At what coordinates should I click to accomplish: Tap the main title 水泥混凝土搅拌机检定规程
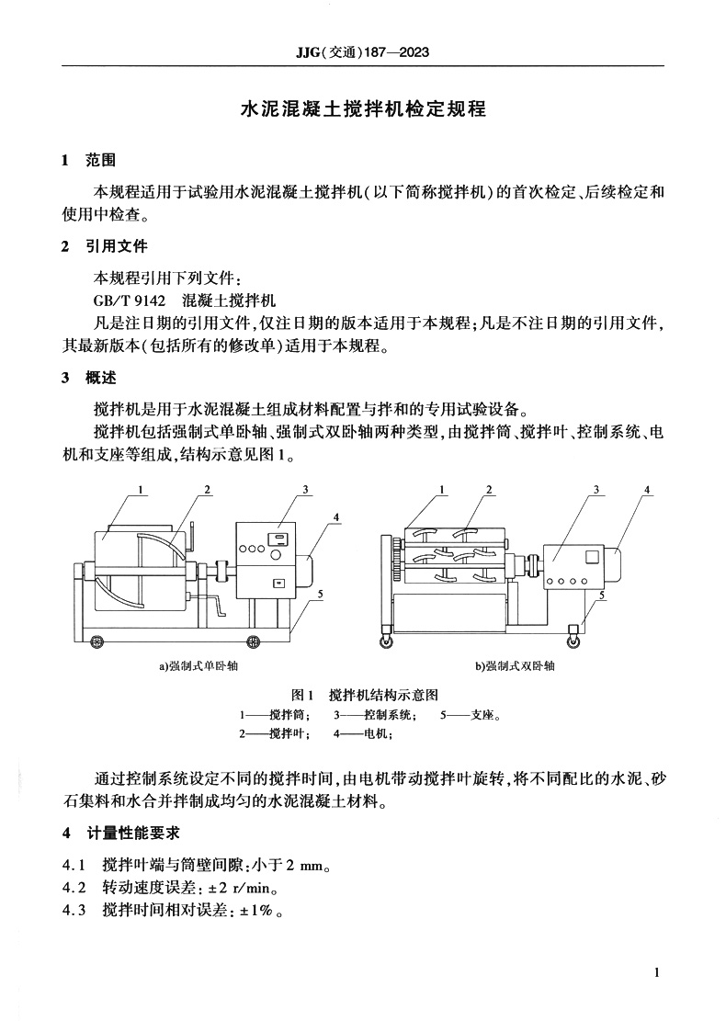click(x=362, y=109)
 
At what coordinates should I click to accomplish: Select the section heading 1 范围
click(x=88, y=161)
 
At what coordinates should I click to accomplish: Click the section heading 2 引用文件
click(x=103, y=246)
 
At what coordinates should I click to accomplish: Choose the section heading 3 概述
click(x=88, y=378)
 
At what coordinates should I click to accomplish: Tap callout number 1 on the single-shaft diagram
click(x=142, y=491)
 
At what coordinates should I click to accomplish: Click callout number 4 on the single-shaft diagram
click(x=337, y=517)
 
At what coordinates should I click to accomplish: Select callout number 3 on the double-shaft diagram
click(x=596, y=491)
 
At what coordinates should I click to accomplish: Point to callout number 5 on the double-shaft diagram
click(x=602, y=595)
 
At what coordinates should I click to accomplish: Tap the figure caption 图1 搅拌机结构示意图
click(x=363, y=694)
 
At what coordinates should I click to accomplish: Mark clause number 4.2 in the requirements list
click(x=74, y=889)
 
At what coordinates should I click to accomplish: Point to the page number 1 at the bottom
click(x=656, y=972)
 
